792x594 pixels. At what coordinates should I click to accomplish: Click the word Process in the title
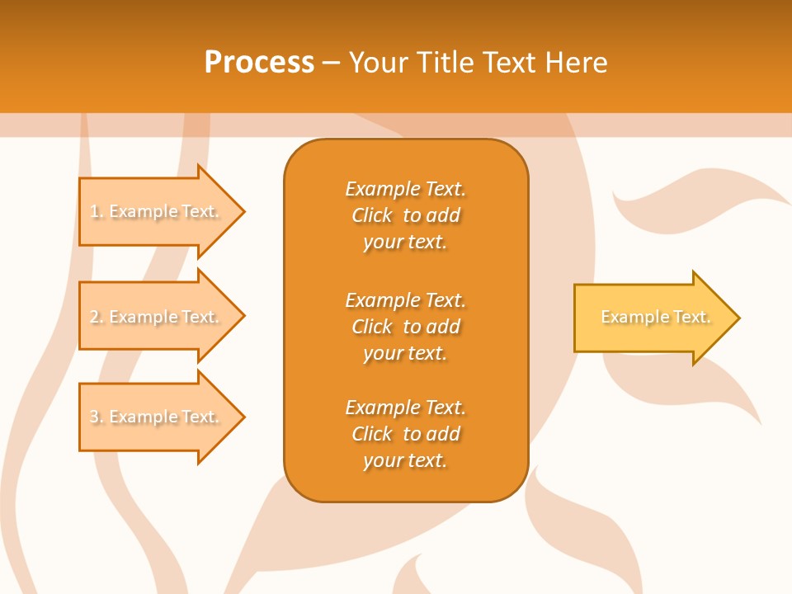click(x=259, y=63)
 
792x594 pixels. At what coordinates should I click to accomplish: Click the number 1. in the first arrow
click(x=97, y=212)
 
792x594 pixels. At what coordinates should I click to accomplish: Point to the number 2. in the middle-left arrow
click(x=97, y=317)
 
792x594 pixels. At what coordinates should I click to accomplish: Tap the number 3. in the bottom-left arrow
click(x=97, y=417)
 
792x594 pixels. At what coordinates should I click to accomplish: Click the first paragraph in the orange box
click(x=405, y=215)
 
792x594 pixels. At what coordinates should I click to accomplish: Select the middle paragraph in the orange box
click(x=405, y=326)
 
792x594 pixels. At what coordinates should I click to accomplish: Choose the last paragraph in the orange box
click(x=405, y=434)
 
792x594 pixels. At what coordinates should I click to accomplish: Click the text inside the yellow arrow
click(x=655, y=317)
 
